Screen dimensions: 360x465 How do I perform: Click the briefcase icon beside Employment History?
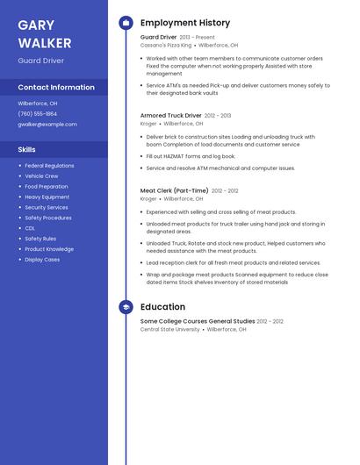click(x=126, y=23)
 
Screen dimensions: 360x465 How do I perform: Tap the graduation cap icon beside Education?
click(x=126, y=307)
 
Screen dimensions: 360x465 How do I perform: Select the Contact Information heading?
click(x=56, y=88)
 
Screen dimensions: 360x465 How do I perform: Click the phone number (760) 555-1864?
click(x=38, y=114)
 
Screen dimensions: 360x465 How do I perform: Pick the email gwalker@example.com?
click(x=47, y=125)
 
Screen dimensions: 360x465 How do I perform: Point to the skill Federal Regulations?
click(x=49, y=166)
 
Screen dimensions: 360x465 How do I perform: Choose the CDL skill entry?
click(x=30, y=228)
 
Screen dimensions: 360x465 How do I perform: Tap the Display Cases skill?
click(x=42, y=260)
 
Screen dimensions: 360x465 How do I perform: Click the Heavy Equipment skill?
click(x=47, y=197)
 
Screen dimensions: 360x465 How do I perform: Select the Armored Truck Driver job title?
click(x=170, y=116)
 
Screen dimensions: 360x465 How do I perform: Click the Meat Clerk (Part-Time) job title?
click(x=174, y=190)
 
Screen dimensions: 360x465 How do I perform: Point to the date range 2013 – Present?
click(x=197, y=38)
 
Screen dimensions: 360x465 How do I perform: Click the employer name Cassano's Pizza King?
click(x=166, y=46)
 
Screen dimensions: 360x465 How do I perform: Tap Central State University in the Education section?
click(x=170, y=330)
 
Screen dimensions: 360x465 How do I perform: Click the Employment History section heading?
click(x=185, y=23)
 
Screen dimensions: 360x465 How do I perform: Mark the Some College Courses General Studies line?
click(x=198, y=321)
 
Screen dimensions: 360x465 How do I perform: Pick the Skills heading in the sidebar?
click(x=27, y=150)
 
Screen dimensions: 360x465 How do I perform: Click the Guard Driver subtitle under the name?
click(x=40, y=61)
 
